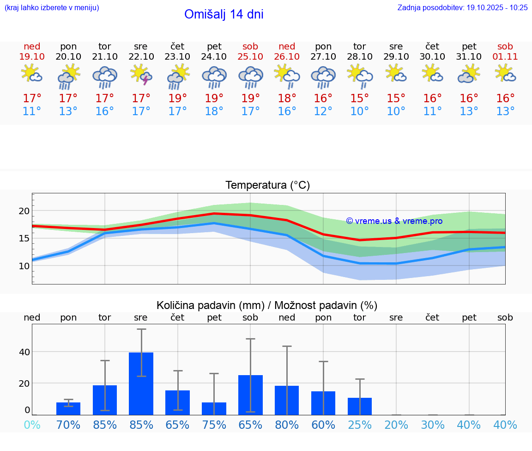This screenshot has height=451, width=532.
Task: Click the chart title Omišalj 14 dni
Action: pyautogui.click(x=224, y=14)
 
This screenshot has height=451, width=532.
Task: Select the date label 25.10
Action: pyautogui.click(x=250, y=57)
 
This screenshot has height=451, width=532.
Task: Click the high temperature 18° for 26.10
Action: pyautogui.click(x=287, y=99)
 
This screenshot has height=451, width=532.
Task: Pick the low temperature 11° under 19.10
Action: pyautogui.click(x=32, y=111)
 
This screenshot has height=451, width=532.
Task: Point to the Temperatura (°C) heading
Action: pyautogui.click(x=267, y=185)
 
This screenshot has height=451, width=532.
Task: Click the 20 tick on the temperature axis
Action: pyautogui.click(x=24, y=211)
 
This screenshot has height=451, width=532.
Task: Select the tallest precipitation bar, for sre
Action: pyautogui.click(x=141, y=383)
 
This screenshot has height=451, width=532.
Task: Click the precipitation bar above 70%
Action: pyautogui.click(x=68, y=408)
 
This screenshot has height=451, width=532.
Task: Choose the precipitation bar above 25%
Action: pyautogui.click(x=360, y=406)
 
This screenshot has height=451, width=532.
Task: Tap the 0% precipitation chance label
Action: pyautogui.click(x=32, y=425)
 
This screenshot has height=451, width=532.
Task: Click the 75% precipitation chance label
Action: pyautogui.click(x=214, y=425)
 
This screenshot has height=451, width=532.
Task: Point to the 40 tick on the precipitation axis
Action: pyautogui.click(x=24, y=352)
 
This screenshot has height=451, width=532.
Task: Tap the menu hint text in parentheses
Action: pyautogui.click(x=52, y=8)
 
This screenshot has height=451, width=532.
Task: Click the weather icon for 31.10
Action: pyautogui.click(x=469, y=74)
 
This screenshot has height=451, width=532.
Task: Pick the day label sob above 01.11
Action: pyautogui.click(x=505, y=46)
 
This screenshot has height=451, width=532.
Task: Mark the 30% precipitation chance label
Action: pyautogui.click(x=432, y=425)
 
